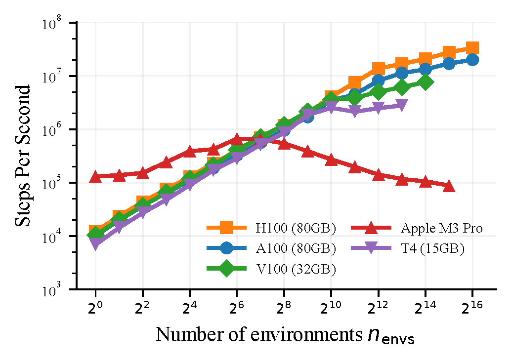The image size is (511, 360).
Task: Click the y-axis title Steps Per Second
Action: pos(23,156)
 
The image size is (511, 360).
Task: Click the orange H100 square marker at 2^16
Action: pos(472,48)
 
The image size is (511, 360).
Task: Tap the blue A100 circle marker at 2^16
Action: pos(472,60)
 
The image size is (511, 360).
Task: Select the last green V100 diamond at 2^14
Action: pos(425,82)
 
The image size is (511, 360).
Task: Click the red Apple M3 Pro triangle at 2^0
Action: pos(95,177)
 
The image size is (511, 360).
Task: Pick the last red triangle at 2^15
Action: pos(449,186)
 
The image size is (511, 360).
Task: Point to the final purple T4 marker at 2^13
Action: pos(402,105)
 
